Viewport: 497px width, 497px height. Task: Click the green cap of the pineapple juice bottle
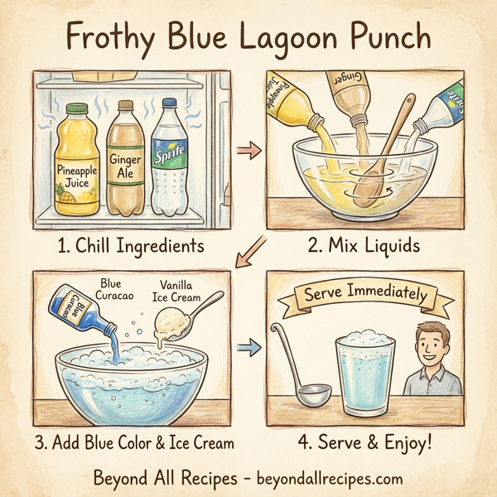coord(76,109)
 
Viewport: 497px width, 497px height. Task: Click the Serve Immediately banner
coord(365,295)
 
